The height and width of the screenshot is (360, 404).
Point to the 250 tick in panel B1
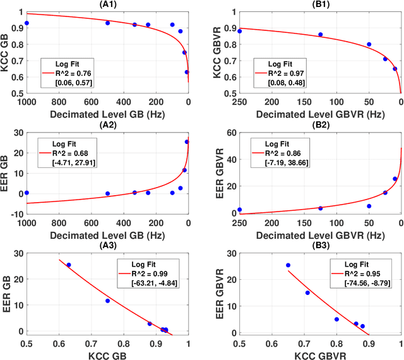point(239,102)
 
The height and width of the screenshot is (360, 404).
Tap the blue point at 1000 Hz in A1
point(27,23)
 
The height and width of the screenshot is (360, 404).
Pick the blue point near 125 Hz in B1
point(320,35)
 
